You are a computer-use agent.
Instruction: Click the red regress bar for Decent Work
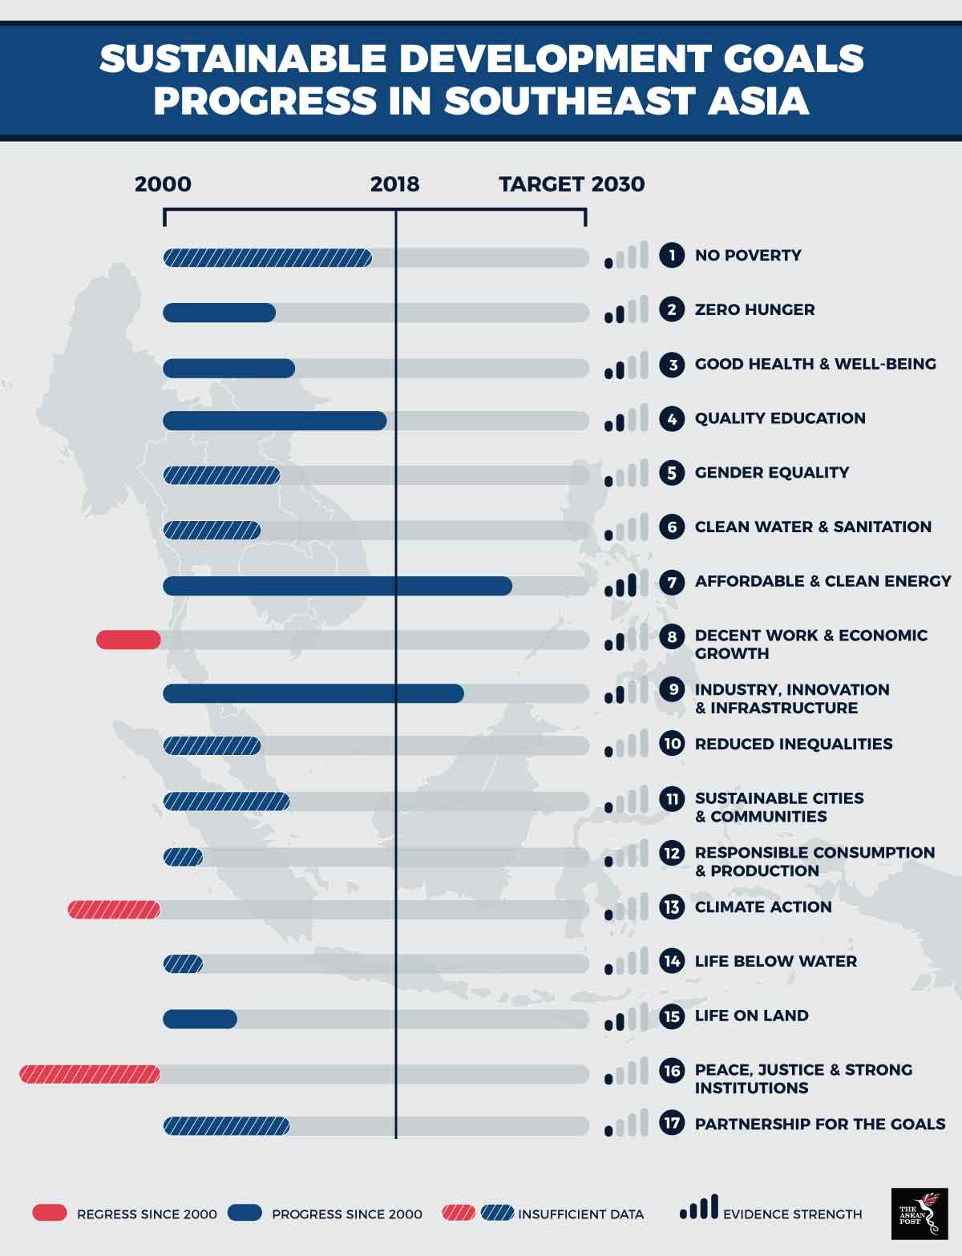click(x=128, y=640)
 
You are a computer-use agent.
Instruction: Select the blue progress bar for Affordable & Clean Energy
click(x=337, y=586)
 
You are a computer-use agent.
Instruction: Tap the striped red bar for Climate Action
click(x=114, y=910)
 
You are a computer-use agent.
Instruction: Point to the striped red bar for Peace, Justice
click(x=90, y=1074)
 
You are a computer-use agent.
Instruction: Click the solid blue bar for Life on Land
click(x=200, y=1019)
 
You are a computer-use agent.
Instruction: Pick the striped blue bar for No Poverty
click(x=267, y=257)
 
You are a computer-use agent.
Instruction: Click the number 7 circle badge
click(x=672, y=581)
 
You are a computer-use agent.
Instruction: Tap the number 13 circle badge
click(x=672, y=907)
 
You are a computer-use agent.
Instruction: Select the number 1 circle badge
click(x=672, y=256)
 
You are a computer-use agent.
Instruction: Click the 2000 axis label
click(x=163, y=184)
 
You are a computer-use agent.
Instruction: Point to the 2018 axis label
click(x=394, y=184)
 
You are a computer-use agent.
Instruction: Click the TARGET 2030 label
click(x=572, y=184)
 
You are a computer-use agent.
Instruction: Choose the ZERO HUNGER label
click(x=754, y=310)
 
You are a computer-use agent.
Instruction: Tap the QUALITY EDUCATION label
click(x=780, y=418)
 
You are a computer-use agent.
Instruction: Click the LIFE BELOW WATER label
click(x=775, y=961)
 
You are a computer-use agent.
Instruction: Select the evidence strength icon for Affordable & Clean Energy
click(x=621, y=584)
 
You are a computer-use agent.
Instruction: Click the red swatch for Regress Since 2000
click(x=50, y=1213)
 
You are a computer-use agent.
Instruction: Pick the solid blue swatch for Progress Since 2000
click(x=245, y=1213)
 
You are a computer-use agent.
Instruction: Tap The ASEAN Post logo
click(x=919, y=1213)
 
